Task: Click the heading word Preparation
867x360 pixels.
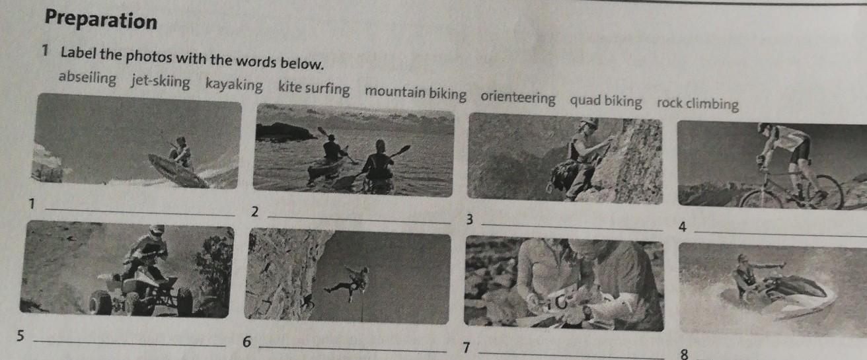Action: pos(101,19)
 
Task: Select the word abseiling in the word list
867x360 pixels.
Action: pos(87,78)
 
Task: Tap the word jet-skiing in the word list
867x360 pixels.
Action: pos(161,81)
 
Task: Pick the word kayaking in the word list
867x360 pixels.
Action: pos(234,84)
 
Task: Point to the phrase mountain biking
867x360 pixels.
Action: pos(415,92)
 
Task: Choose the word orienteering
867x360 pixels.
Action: pos(518,98)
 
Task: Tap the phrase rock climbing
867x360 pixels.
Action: pos(698,104)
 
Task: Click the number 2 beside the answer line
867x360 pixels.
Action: pos(254,211)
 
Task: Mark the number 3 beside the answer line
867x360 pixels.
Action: pos(469,219)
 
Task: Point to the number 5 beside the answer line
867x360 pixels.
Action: pos(20,335)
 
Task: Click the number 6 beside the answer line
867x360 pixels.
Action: pos(246,342)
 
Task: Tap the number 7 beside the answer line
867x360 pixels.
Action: pos(467,347)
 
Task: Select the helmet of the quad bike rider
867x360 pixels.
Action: pos(157,231)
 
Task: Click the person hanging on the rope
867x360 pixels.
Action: pos(348,283)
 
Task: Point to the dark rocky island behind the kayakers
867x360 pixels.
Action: pos(285,132)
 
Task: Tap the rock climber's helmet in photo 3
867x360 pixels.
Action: pos(589,123)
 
